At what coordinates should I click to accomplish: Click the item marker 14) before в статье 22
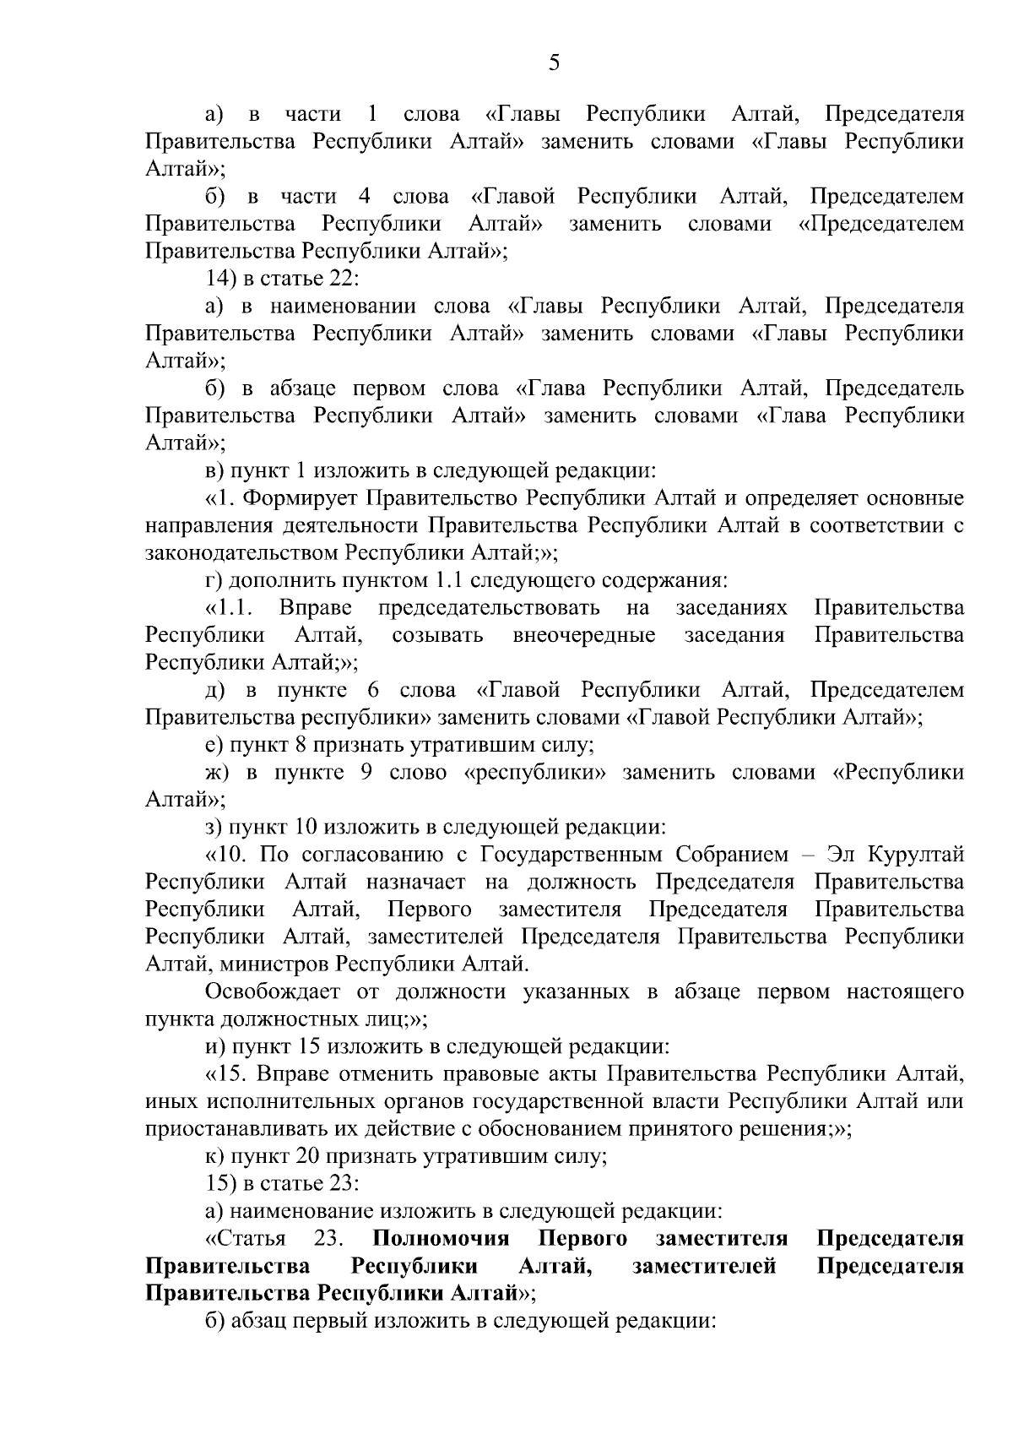tap(223, 279)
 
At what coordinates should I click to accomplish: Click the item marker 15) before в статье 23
tap(223, 1182)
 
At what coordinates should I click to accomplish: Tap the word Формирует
tap(304, 497)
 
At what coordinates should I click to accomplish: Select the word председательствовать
tap(489, 607)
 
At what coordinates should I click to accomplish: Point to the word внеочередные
tap(584, 634)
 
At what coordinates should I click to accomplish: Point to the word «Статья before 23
tap(245, 1238)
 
